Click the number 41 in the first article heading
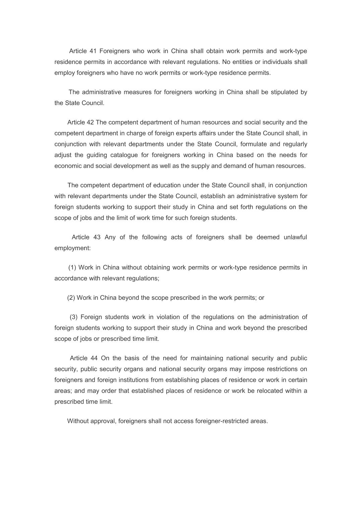[93, 51]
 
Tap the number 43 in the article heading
[97, 237]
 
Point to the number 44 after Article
[94, 358]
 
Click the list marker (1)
[72, 268]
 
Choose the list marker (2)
[71, 298]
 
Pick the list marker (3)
[74, 317]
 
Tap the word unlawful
[295, 237]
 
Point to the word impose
[256, 369]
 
